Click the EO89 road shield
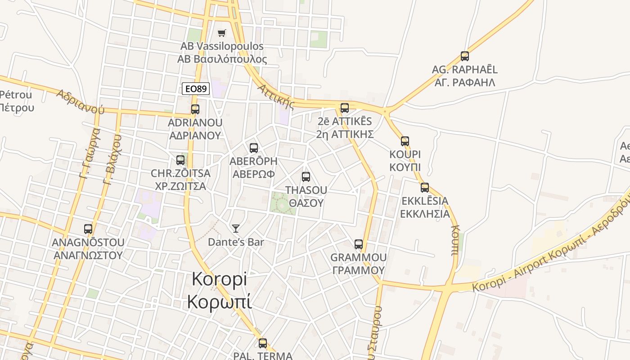[x=196, y=89]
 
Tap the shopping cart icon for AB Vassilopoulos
[x=221, y=33]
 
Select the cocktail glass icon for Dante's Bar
[x=236, y=229]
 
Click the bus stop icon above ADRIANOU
[x=195, y=109]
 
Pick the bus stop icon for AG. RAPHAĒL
[x=465, y=56]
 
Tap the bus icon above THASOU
[x=306, y=177]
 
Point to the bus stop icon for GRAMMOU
[x=359, y=244]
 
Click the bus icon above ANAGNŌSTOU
[x=88, y=229]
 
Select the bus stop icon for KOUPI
[x=405, y=141]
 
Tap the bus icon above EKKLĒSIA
[x=425, y=188]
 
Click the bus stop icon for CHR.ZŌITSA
[x=180, y=160]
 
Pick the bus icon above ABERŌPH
[x=254, y=148]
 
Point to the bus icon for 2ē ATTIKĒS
[x=345, y=108]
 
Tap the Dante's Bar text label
[x=236, y=242]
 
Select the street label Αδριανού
[x=81, y=101]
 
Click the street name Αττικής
[x=276, y=96]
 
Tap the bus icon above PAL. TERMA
[x=263, y=343]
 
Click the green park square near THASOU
[x=283, y=203]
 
